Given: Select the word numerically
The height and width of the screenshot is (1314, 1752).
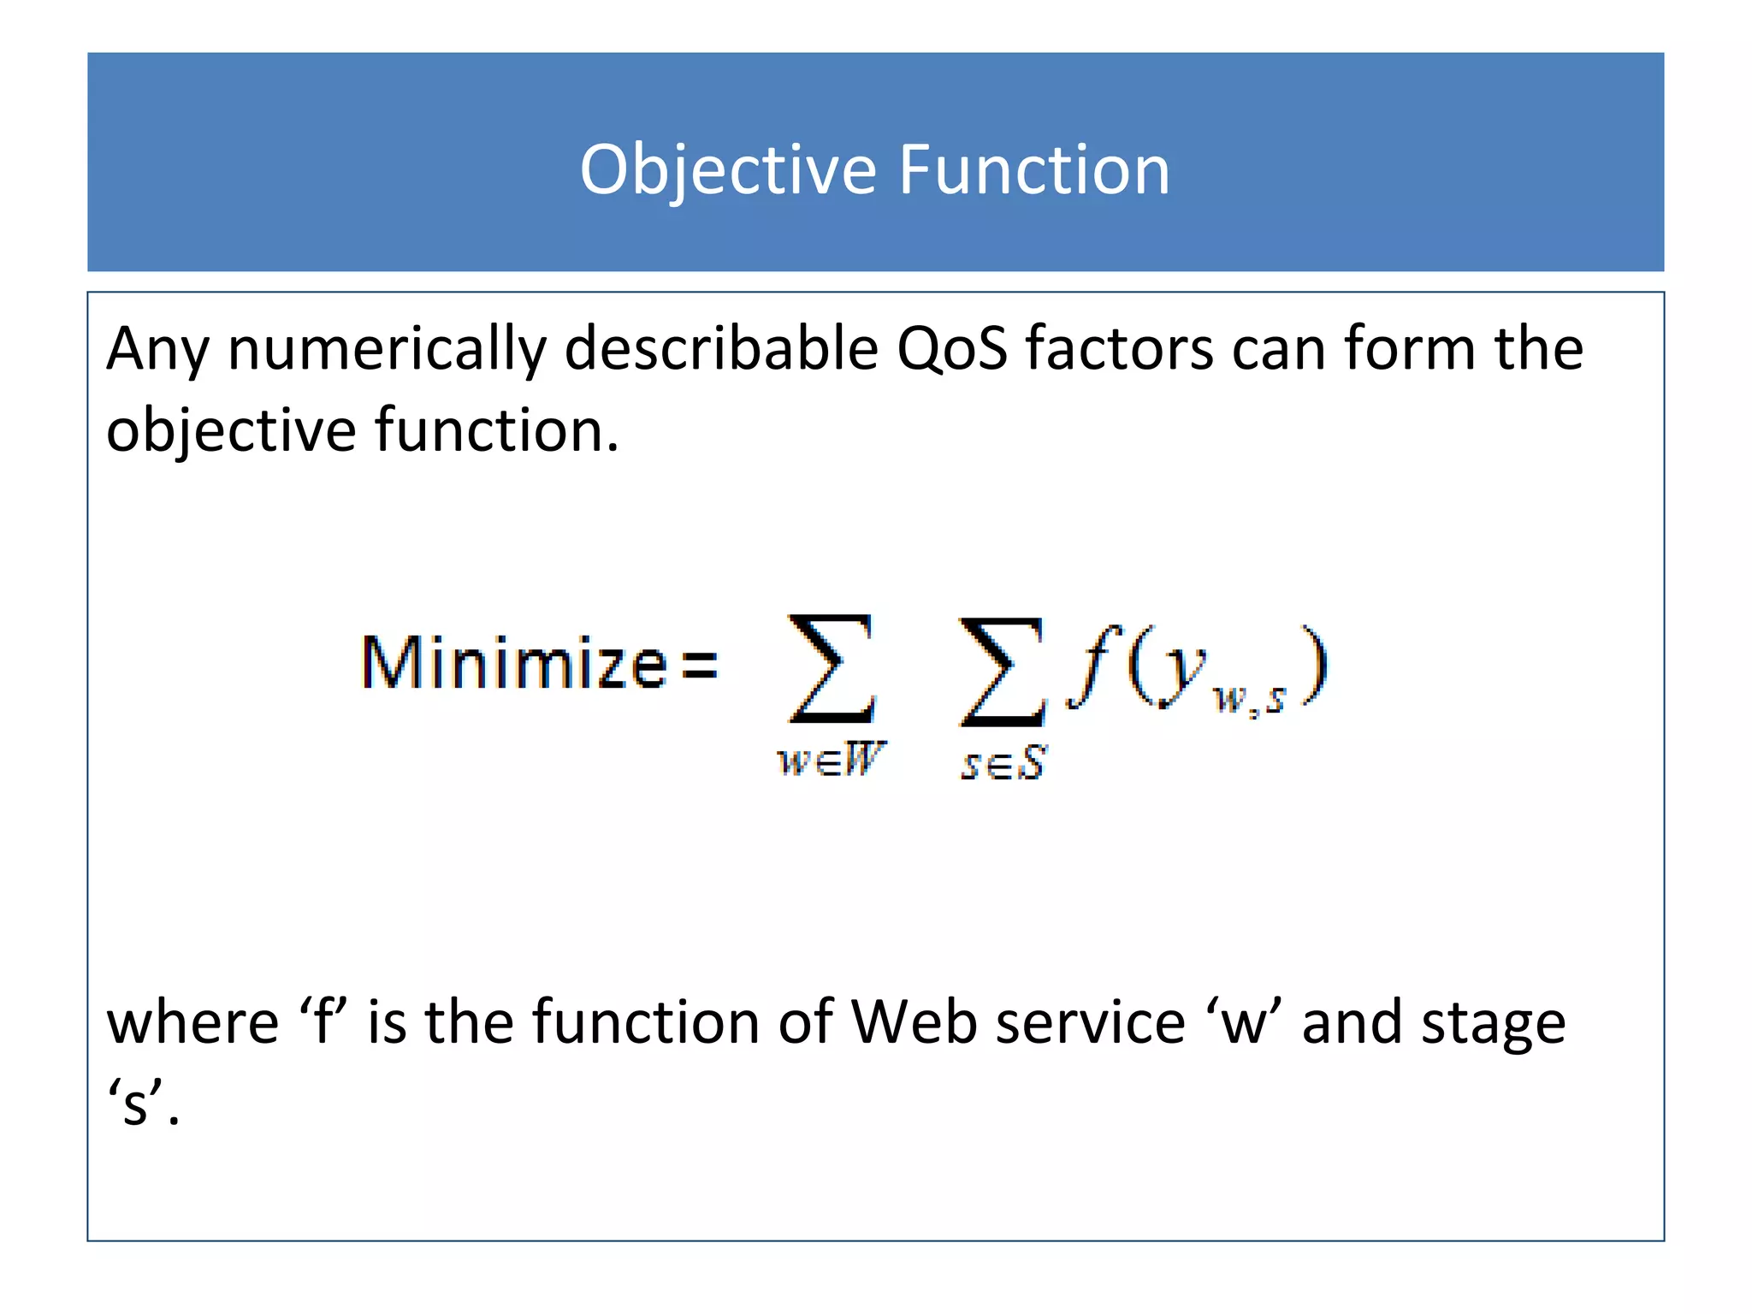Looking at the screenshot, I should coord(387,350).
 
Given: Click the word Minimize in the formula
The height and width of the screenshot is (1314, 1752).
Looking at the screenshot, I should coord(514,663).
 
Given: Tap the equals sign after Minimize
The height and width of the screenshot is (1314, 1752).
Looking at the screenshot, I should coord(700,664).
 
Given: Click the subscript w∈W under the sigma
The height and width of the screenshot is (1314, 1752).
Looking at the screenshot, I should coord(831,759).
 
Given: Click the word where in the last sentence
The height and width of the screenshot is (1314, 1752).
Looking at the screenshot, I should coord(192,1022).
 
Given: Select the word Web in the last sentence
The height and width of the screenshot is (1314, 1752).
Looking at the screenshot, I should coord(914,1022).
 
